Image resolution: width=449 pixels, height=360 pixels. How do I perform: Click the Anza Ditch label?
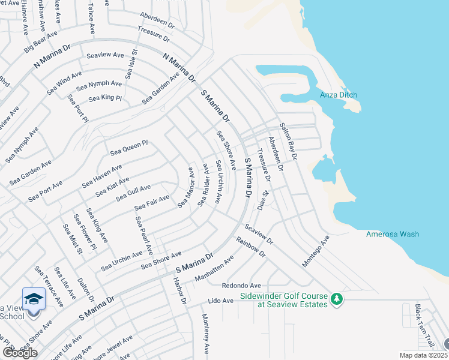point(339,95)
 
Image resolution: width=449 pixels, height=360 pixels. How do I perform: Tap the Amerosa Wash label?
point(393,234)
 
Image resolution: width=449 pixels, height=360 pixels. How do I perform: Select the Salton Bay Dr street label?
point(289,142)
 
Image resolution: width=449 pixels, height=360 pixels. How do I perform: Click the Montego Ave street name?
point(316,251)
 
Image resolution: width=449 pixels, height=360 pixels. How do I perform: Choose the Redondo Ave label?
point(241,286)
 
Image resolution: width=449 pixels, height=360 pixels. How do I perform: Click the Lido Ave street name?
point(220,300)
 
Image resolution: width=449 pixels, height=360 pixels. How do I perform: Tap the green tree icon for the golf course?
point(337,298)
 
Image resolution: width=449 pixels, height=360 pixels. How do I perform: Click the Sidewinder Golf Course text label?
point(284,300)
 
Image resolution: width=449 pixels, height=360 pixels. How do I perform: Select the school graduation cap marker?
point(34,298)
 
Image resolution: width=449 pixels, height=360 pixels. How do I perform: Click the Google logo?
point(20,353)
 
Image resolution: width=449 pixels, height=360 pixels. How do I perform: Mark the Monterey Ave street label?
point(206,334)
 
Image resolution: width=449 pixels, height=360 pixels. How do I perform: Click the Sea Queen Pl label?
point(128,148)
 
